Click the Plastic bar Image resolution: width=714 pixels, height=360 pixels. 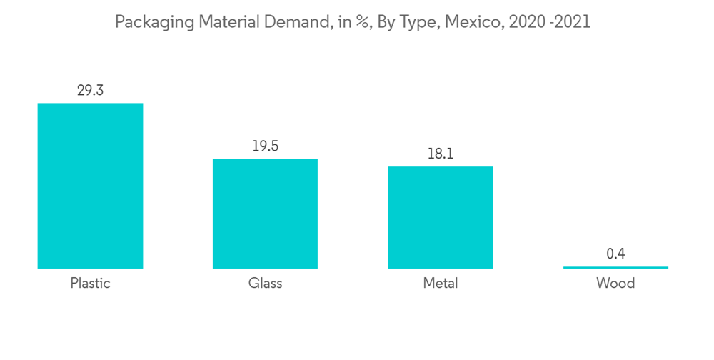coord(90,186)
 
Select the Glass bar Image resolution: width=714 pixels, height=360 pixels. coord(265,214)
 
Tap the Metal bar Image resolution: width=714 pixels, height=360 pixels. coord(441,217)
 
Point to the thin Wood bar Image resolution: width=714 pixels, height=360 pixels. coord(615,268)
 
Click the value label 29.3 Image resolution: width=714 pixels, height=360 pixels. coord(90,91)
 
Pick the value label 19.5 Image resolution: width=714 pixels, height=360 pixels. coord(265,146)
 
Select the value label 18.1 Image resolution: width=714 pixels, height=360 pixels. coord(441,154)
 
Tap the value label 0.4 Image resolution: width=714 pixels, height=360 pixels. coord(615,254)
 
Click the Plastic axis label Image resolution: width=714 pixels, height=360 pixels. coord(90,284)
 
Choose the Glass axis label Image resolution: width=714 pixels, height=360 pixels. coord(265,284)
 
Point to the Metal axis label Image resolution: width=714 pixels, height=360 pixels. coord(441,284)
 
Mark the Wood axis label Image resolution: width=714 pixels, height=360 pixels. coord(615,284)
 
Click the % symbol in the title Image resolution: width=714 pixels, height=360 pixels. coord(362,22)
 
